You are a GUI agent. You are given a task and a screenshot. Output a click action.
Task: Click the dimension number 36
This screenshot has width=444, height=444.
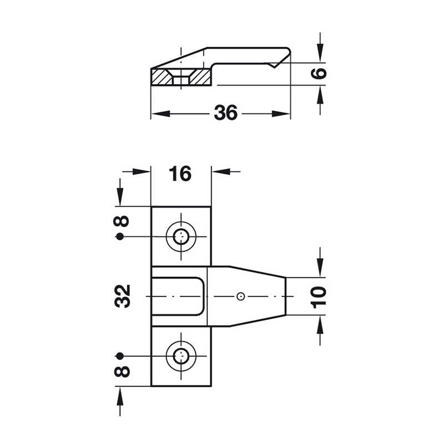226,113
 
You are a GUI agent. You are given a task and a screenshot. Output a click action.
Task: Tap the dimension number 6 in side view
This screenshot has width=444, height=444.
319,73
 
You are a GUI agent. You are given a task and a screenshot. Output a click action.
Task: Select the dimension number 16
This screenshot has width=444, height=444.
180,174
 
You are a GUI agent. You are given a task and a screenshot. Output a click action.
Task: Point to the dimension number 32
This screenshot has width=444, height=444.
122,296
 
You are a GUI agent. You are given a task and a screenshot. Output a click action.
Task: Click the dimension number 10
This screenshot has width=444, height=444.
318,297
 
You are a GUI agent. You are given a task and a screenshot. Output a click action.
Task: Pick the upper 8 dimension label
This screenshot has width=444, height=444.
122,221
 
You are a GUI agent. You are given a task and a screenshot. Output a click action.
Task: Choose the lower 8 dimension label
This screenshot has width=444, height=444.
122,371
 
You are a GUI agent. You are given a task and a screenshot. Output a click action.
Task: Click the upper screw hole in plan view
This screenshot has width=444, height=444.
181,236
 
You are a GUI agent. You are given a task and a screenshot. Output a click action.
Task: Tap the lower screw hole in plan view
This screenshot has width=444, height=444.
181,356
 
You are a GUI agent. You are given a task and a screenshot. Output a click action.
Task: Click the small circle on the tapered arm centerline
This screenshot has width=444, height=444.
240,296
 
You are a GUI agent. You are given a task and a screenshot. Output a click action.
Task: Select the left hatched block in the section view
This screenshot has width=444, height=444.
162,77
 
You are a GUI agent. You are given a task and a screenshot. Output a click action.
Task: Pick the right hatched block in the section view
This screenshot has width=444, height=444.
200,77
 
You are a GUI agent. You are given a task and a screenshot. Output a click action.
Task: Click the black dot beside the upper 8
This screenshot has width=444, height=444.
120,236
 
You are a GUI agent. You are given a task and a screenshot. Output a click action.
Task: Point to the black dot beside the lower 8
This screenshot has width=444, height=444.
120,356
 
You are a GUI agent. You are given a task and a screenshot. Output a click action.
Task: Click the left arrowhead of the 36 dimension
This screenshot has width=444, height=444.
160,114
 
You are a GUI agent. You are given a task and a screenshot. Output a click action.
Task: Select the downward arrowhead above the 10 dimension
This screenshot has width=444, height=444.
320,267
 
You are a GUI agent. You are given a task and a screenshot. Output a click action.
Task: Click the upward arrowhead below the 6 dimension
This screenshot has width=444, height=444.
320,95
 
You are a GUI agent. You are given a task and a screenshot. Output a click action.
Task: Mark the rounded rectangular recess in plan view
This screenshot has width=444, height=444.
178,296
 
